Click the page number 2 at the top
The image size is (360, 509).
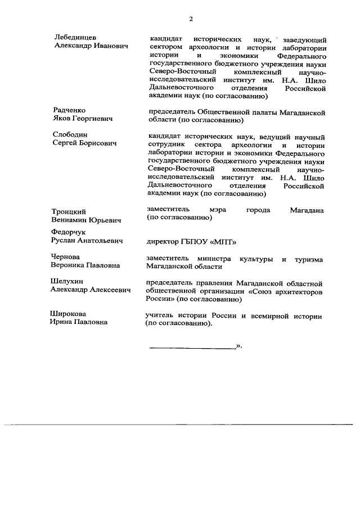click(191, 19)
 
